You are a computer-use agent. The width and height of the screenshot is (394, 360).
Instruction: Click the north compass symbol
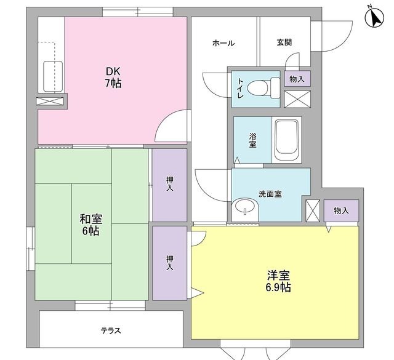coord(374,17)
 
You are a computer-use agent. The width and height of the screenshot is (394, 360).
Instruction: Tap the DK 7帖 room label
coord(112,76)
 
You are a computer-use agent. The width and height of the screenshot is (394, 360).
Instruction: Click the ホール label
coord(223,43)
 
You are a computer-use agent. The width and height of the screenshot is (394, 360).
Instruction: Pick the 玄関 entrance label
coord(284,43)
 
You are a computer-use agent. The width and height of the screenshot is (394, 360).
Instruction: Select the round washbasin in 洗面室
coord(246,207)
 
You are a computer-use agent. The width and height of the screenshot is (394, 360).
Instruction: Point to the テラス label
coord(111,330)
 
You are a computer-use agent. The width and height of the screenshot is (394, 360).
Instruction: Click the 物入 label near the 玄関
coord(297,79)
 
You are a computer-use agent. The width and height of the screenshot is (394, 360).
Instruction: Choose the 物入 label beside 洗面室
coord(341,210)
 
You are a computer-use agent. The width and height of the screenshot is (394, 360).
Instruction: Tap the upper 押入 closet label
coord(169,184)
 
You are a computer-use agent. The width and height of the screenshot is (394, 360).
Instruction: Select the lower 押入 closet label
coord(169,263)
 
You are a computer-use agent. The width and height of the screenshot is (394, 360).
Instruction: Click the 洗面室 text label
coord(270,194)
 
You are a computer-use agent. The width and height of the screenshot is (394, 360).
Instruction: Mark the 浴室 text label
coord(252,140)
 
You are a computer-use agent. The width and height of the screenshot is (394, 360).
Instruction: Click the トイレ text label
coord(241,89)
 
